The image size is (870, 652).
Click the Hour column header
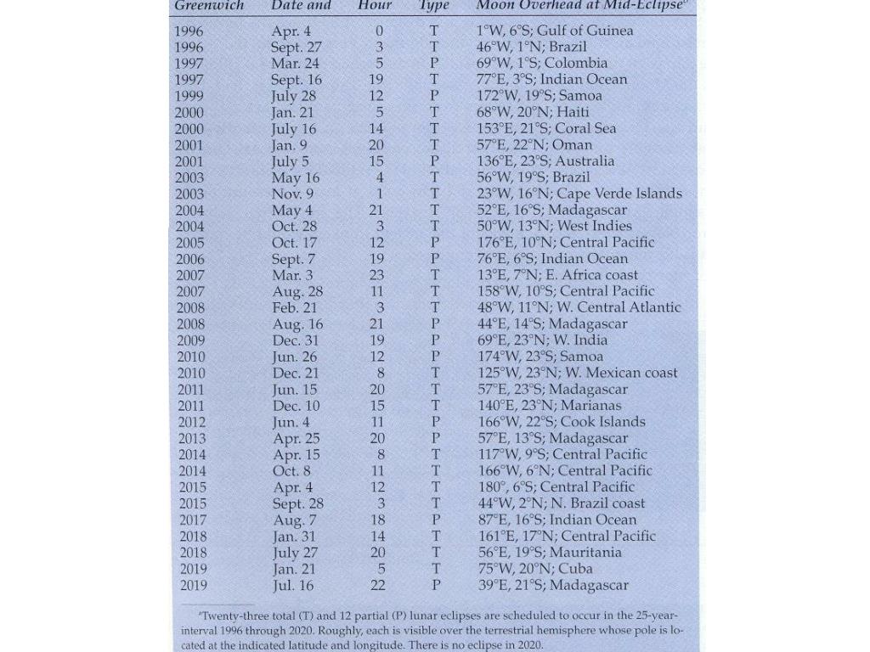click(375, 5)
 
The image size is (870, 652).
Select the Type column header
click(433, 5)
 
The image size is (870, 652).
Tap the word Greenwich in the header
click(209, 5)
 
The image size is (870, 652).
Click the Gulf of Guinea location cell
click(555, 31)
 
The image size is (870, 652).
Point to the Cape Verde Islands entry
click(579, 194)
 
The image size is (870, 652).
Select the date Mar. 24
click(295, 63)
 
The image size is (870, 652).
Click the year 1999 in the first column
click(189, 96)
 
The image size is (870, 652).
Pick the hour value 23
click(377, 275)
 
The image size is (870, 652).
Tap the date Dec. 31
click(296, 340)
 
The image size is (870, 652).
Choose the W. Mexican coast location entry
click(577, 373)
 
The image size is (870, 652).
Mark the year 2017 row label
click(192, 520)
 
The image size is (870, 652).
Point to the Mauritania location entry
click(549, 553)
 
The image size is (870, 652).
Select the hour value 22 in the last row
click(378, 585)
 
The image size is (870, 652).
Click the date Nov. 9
click(292, 194)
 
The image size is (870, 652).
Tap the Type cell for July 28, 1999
click(434, 96)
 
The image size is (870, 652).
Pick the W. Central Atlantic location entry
click(579, 307)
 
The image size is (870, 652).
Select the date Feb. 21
click(294, 307)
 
